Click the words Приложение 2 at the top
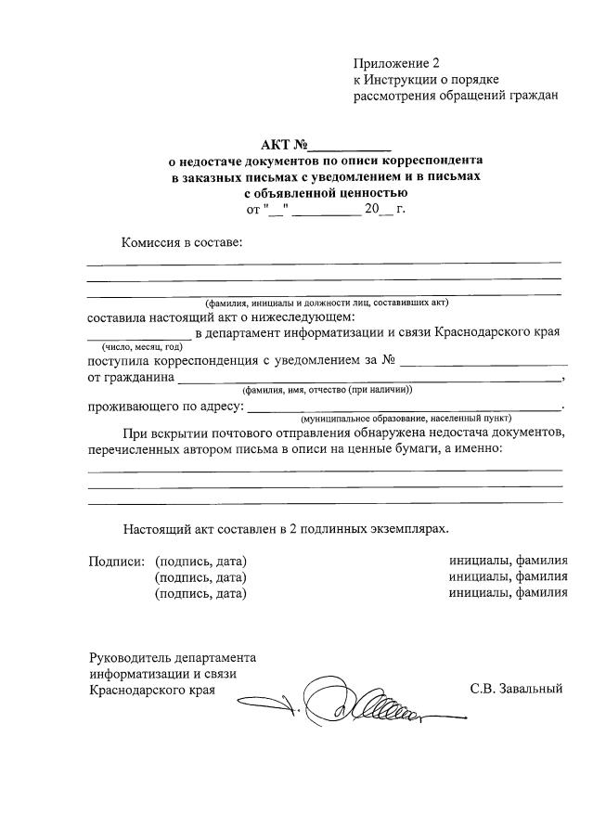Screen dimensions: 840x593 click(394, 63)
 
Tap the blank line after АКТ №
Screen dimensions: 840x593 click(349, 148)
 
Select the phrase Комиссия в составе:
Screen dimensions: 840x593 click(181, 243)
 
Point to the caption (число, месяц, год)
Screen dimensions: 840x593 click(136, 346)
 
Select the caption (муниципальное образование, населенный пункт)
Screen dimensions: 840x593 click(405, 420)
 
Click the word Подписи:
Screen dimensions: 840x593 click(116, 562)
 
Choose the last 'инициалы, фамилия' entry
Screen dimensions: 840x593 click(508, 594)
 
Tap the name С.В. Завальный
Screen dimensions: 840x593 click(517, 690)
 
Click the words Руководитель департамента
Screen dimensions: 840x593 click(173, 657)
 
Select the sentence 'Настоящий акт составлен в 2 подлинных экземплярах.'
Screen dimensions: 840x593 click(286, 528)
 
